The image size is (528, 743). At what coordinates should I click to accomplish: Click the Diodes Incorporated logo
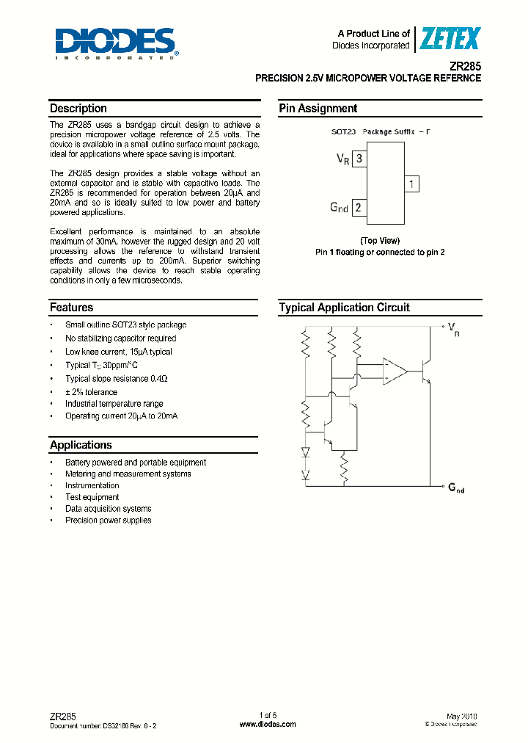pos(115,43)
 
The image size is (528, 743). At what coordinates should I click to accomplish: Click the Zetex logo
pos(449,39)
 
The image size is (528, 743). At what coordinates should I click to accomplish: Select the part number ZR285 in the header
pos(466,65)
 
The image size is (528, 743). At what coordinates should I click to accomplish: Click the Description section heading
pos(78,109)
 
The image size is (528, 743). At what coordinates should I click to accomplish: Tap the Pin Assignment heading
pos(318,109)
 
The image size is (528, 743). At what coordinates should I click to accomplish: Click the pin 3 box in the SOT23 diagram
pos(358,159)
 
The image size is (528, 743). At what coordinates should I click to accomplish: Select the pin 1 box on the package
pos(412,184)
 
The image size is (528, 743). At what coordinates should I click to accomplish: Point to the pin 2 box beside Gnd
pos(358,208)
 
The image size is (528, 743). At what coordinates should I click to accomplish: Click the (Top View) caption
pos(380,241)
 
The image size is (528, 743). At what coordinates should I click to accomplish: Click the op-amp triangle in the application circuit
pos(395,371)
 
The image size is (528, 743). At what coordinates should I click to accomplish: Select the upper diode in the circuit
pos(305,453)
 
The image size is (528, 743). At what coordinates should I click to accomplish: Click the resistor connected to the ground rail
pos(344,467)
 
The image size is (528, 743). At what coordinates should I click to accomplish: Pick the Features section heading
pos(72,308)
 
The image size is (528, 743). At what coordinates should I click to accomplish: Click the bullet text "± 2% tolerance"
pos(91,392)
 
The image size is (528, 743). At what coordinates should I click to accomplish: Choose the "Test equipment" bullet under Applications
pos(92,497)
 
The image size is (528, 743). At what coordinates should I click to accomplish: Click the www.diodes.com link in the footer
pos(268,725)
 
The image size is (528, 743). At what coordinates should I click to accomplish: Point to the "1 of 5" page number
pos(268,716)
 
